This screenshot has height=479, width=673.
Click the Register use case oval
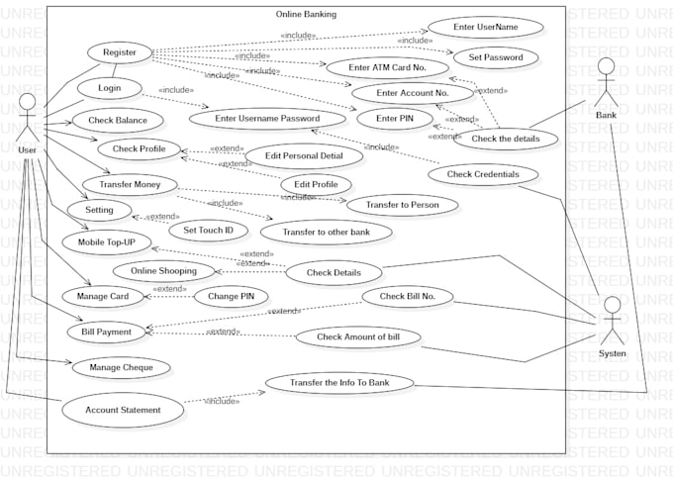(119, 52)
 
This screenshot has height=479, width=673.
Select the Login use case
(109, 88)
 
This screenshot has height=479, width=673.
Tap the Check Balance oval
(117, 121)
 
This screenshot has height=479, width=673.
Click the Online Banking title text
(306, 15)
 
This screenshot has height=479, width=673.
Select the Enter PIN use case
(393, 118)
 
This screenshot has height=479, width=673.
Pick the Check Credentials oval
(485, 175)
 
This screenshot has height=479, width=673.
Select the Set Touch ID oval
(208, 231)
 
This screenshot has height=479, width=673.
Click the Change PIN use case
(231, 295)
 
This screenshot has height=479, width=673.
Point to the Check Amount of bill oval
(357, 337)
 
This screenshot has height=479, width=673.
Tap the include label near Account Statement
(222, 401)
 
